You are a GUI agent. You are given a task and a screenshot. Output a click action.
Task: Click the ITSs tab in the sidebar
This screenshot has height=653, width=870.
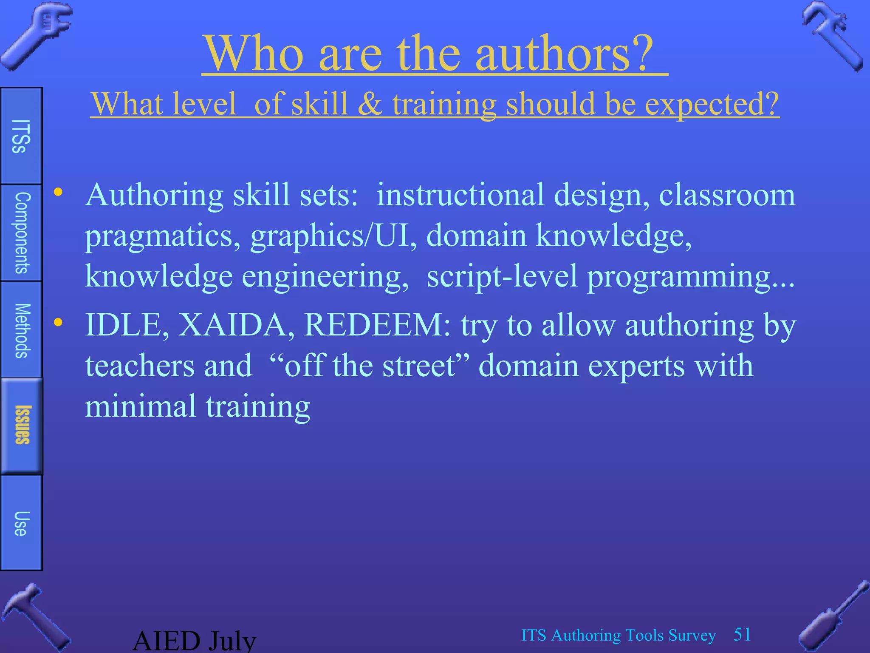[21, 136]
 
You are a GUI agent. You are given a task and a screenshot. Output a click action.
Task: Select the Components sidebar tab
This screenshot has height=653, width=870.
[21, 233]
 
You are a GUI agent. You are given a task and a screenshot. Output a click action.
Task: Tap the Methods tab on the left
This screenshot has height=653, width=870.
[21, 330]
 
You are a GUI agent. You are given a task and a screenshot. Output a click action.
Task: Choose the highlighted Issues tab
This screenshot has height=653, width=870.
[22, 425]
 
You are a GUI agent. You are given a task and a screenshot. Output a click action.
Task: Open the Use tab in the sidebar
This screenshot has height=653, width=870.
[21, 523]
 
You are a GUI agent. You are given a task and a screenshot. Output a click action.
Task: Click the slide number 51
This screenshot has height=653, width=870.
[742, 635]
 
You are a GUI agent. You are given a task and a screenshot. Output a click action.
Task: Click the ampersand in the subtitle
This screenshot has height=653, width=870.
[370, 104]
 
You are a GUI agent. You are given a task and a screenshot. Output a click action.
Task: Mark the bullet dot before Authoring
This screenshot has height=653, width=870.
[58, 192]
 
